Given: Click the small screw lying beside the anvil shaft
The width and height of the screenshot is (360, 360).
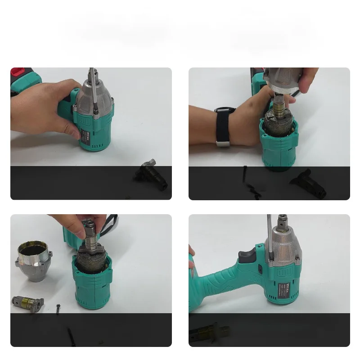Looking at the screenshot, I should (59, 308).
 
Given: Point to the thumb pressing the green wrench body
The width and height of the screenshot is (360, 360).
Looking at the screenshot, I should (72, 130).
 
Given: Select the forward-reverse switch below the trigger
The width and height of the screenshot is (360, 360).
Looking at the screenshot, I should (261, 269).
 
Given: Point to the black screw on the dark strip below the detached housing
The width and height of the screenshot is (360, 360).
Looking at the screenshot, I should (71, 335).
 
